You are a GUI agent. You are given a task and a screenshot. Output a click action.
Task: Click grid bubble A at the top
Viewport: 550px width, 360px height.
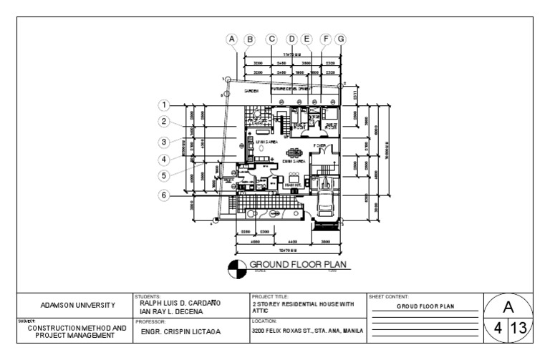pyautogui.click(x=231, y=39)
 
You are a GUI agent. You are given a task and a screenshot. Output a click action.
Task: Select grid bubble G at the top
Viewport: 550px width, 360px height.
pyautogui.click(x=340, y=39)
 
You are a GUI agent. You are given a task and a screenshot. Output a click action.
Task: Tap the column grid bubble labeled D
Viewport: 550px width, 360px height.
pyautogui.click(x=291, y=39)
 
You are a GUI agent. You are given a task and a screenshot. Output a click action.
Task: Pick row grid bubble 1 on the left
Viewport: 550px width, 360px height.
pyautogui.click(x=164, y=105)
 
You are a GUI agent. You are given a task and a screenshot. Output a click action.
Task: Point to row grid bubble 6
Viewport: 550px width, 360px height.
pyautogui.click(x=164, y=195)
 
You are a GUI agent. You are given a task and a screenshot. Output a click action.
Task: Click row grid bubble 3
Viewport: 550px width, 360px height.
pyautogui.click(x=164, y=142)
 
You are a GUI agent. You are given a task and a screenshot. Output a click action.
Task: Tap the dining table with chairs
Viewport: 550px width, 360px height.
pyautogui.click(x=295, y=152)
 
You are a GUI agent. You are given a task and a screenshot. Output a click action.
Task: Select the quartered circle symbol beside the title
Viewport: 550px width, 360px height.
pyautogui.click(x=236, y=269)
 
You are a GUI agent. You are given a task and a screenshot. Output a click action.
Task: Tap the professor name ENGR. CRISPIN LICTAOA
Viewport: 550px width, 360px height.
pyautogui.click(x=180, y=331)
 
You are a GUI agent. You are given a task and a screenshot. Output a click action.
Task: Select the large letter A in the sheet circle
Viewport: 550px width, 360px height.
pyautogui.click(x=509, y=308)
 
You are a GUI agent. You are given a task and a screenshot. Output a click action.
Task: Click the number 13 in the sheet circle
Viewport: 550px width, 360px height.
pyautogui.click(x=519, y=329)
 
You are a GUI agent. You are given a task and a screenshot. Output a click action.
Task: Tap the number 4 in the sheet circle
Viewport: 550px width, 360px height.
pyautogui.click(x=498, y=329)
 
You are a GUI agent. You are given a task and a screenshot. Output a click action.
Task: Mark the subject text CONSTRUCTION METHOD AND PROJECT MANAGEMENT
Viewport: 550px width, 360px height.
pyautogui.click(x=76, y=331)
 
